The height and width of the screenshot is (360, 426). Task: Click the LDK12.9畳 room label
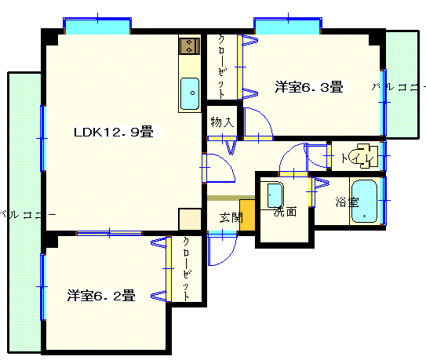(x=114, y=132)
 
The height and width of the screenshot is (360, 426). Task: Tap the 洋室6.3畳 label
(x=309, y=87)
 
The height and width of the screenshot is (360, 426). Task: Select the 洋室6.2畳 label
(x=101, y=296)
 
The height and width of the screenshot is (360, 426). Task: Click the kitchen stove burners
(x=189, y=46)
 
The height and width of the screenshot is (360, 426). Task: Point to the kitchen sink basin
(x=190, y=93)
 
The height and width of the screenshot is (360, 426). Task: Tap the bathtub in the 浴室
(x=364, y=201)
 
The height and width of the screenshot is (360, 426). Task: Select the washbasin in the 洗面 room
(x=274, y=195)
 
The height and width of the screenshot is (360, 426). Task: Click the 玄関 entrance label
(x=231, y=217)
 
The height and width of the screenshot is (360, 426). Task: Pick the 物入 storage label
(x=222, y=122)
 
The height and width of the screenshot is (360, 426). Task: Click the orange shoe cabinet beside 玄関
(x=247, y=216)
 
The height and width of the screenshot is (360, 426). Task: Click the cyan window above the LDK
(x=97, y=26)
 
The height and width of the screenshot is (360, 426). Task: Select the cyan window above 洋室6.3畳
(x=288, y=26)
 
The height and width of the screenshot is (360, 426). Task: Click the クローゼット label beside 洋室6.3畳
(x=222, y=67)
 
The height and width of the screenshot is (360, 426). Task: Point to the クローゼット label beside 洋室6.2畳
(x=187, y=269)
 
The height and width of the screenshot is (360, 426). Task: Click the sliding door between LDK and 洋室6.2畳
(x=109, y=233)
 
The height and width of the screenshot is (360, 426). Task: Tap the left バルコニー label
(x=27, y=215)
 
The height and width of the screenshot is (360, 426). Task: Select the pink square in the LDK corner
(x=190, y=219)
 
